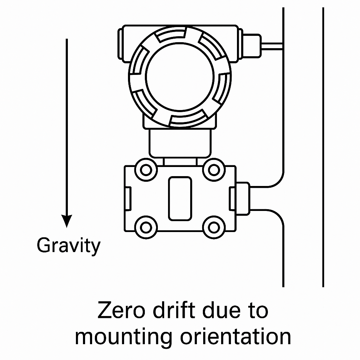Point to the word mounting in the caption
[x=123, y=337]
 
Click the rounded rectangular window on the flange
[x=180, y=199]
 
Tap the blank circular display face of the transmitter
[x=180, y=77]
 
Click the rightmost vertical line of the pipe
[x=323, y=148]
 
